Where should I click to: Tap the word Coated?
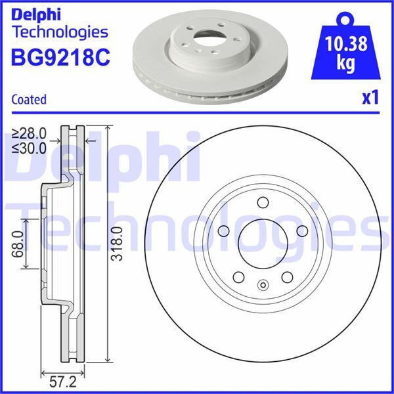pyautogui.click(x=29, y=100)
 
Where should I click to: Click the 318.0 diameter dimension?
pyautogui.click(x=118, y=243)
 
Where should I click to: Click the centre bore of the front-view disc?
pyautogui.click(x=261, y=243)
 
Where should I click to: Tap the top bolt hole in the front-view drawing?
pyautogui.click(x=262, y=202)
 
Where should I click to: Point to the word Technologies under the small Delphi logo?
pyautogui.click(x=59, y=32)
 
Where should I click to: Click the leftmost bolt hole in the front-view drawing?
pyautogui.click(x=222, y=230)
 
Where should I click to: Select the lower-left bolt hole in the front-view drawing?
pyautogui.click(x=238, y=277)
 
